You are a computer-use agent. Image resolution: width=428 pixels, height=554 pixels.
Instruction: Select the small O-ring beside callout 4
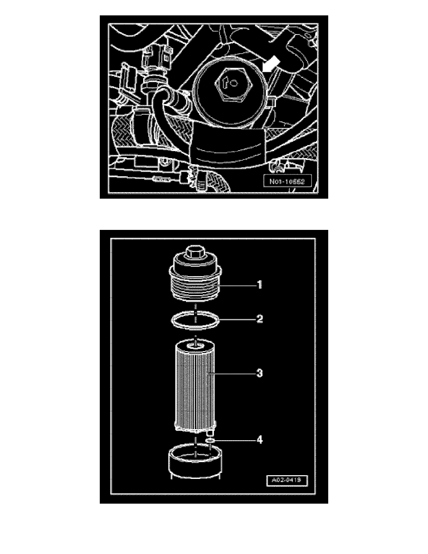coord(210,439)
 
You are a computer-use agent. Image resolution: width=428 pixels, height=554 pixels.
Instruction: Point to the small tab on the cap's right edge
coord(272,100)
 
